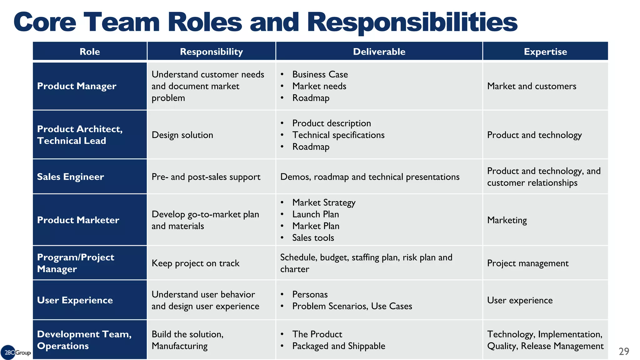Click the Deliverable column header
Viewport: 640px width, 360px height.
[x=379, y=52]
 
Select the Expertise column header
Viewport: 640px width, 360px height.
[x=545, y=52]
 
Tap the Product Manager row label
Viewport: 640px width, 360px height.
[x=77, y=86]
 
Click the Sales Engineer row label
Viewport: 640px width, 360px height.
[x=70, y=177]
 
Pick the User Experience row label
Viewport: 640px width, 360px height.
[x=75, y=300]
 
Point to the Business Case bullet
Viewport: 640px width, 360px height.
[x=320, y=74]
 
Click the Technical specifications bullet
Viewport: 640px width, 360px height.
[x=338, y=135]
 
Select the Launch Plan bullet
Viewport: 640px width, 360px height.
[x=316, y=214]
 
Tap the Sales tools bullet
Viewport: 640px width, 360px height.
[x=313, y=238]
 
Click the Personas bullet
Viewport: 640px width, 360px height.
[x=310, y=294]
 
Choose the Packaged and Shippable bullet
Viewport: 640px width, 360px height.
[x=339, y=346]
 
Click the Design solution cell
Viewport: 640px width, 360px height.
[x=182, y=135]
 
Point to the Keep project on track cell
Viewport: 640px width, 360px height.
[x=195, y=263]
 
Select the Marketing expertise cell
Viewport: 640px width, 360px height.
[x=507, y=220]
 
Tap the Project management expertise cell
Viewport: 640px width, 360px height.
[x=528, y=263]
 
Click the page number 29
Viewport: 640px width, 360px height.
[x=624, y=351]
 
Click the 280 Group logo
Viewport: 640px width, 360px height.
[x=16, y=352]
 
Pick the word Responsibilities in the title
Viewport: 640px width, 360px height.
[x=412, y=22]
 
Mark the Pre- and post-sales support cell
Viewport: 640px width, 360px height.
[x=206, y=177]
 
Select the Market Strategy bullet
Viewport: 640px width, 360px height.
[x=324, y=202]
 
